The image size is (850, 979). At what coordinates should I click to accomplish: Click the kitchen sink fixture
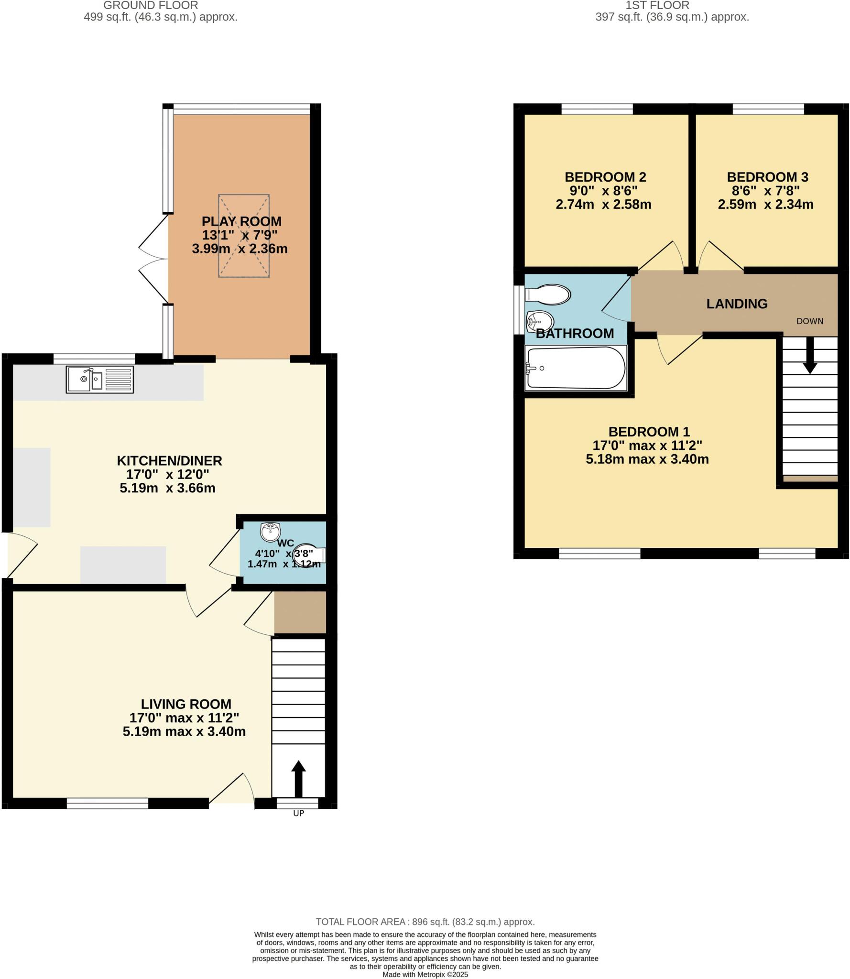tap(99, 380)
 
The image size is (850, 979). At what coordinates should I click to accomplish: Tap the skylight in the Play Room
tap(244, 236)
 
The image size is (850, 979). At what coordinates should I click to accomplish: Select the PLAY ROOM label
tap(241, 221)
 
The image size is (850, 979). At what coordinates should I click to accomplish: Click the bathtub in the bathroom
tap(575, 369)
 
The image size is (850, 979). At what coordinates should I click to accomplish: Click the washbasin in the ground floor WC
tap(270, 531)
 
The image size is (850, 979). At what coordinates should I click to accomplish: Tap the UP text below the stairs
tap(298, 813)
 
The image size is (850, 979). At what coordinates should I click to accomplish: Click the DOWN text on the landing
tap(809, 321)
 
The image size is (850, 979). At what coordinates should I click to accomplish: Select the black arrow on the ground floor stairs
tap(298, 779)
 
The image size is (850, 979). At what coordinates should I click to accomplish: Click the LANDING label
tap(737, 304)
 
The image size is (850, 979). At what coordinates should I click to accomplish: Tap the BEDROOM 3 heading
tap(767, 177)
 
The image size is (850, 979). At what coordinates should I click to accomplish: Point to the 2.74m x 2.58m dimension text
tap(603, 205)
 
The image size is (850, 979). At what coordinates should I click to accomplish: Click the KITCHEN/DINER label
tap(169, 461)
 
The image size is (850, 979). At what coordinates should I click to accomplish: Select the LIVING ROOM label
tap(186, 704)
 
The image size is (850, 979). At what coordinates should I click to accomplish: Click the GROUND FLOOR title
tap(151, 6)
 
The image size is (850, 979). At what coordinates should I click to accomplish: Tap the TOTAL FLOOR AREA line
tap(425, 922)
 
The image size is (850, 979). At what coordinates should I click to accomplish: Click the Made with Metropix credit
tap(425, 974)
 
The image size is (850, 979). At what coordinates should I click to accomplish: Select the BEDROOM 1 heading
tap(649, 432)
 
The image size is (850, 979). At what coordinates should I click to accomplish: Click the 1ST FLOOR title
tap(657, 6)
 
